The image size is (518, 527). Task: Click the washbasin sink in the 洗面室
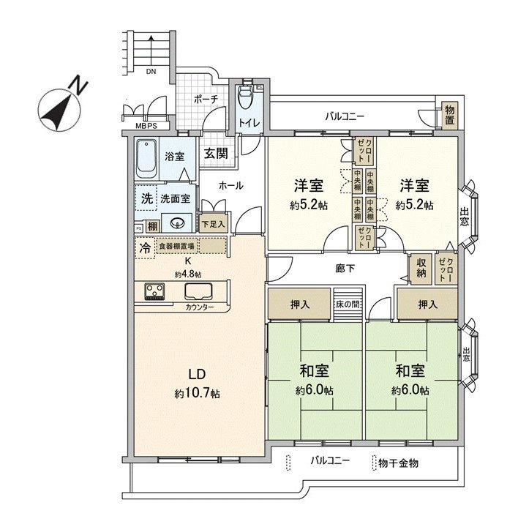point(176,224)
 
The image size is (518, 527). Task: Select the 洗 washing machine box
point(146,198)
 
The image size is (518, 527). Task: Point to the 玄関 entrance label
point(215,154)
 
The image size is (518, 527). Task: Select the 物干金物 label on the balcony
point(400,463)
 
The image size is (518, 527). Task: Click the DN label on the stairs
point(150,72)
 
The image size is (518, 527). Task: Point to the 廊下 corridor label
point(345,269)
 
